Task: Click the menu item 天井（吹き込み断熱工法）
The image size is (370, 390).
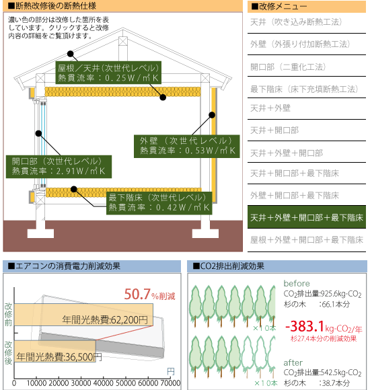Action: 296,22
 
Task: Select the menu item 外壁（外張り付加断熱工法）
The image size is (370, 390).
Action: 300,44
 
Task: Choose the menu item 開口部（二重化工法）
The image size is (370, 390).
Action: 288,67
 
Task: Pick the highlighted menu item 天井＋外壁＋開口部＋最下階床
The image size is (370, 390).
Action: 307,217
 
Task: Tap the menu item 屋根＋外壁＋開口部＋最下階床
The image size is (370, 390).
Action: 307,240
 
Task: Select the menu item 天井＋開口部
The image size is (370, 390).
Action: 274,130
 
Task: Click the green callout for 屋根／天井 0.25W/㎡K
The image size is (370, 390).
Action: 108,73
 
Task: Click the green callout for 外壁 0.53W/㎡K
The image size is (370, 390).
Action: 186,147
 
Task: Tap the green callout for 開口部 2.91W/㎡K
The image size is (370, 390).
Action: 59,167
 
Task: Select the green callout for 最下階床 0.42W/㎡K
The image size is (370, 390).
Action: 159,203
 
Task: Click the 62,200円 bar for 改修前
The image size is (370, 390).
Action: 83,315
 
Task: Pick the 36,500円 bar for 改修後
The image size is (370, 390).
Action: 54,351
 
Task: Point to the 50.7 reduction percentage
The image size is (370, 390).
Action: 137,294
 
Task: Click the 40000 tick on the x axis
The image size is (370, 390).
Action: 103,383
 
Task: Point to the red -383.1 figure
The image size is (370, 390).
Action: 305,326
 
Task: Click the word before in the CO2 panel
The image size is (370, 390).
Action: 297,283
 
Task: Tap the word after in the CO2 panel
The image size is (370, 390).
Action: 293,362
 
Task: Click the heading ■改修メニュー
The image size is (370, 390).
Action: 279,7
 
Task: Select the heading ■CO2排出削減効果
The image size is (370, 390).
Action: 228,266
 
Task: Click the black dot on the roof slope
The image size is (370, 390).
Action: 71,54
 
